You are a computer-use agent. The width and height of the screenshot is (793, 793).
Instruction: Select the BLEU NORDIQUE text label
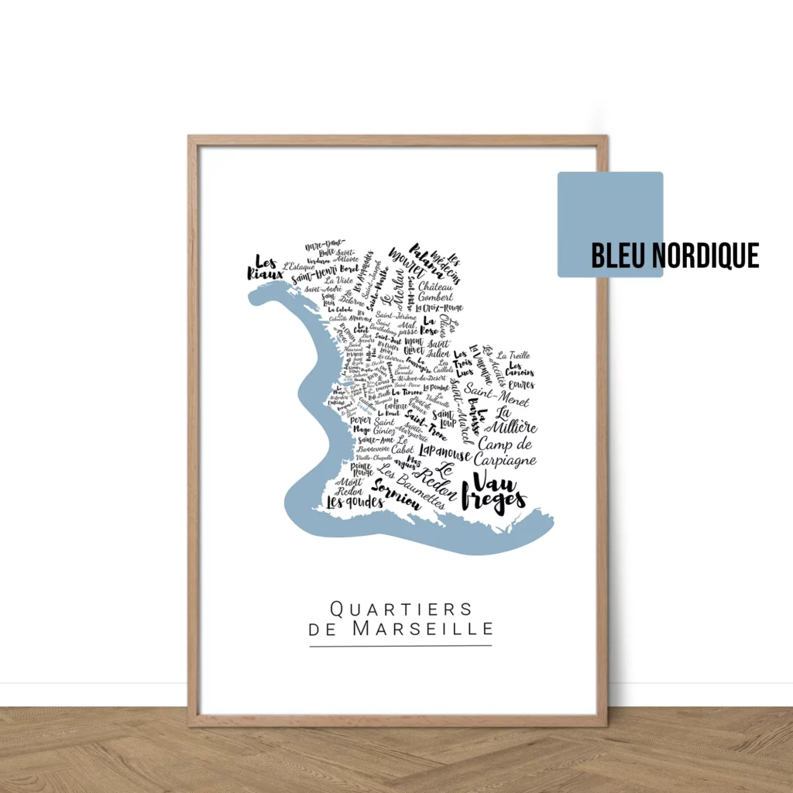point(675,256)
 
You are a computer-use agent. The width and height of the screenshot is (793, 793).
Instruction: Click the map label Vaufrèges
point(493,493)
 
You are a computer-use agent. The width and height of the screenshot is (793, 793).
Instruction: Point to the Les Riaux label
point(265,267)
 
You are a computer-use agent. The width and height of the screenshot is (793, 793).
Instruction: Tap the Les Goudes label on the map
point(355,502)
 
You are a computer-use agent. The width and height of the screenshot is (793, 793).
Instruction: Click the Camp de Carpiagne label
point(506,452)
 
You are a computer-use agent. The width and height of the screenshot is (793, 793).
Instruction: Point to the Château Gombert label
point(436,292)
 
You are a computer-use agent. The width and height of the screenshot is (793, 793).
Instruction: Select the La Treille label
point(513,355)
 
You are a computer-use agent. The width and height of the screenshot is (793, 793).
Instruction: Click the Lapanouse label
point(445,452)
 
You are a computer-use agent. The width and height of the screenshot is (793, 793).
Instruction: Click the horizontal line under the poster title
point(400,645)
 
